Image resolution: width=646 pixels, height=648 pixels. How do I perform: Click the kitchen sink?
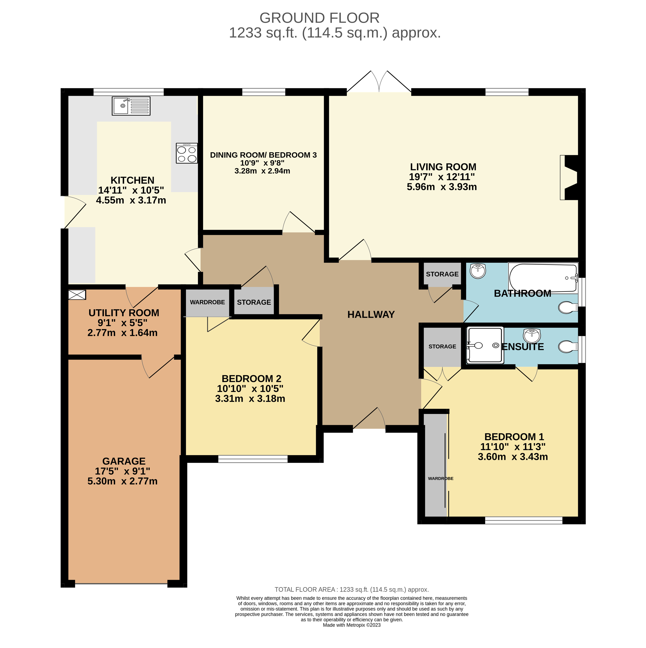[x=131, y=106]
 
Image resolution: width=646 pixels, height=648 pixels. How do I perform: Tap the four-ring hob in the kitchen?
[x=187, y=153]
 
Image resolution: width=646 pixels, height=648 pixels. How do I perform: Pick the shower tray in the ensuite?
[x=485, y=345]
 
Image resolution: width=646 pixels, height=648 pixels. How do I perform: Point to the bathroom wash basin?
[x=478, y=271]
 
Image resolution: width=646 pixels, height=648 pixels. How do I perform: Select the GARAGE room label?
[x=124, y=461]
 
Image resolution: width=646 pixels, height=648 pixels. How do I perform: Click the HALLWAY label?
[x=371, y=315]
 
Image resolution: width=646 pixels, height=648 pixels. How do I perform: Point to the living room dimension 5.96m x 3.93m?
[x=442, y=187]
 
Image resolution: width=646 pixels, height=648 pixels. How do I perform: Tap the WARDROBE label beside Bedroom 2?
[x=207, y=302]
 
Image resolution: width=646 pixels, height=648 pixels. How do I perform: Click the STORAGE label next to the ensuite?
[x=442, y=347]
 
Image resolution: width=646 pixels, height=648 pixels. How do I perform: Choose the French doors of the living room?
[x=379, y=81]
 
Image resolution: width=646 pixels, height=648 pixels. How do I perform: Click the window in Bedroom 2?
[x=253, y=459]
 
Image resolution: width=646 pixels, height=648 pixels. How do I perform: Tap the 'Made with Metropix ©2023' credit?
[x=352, y=625]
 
